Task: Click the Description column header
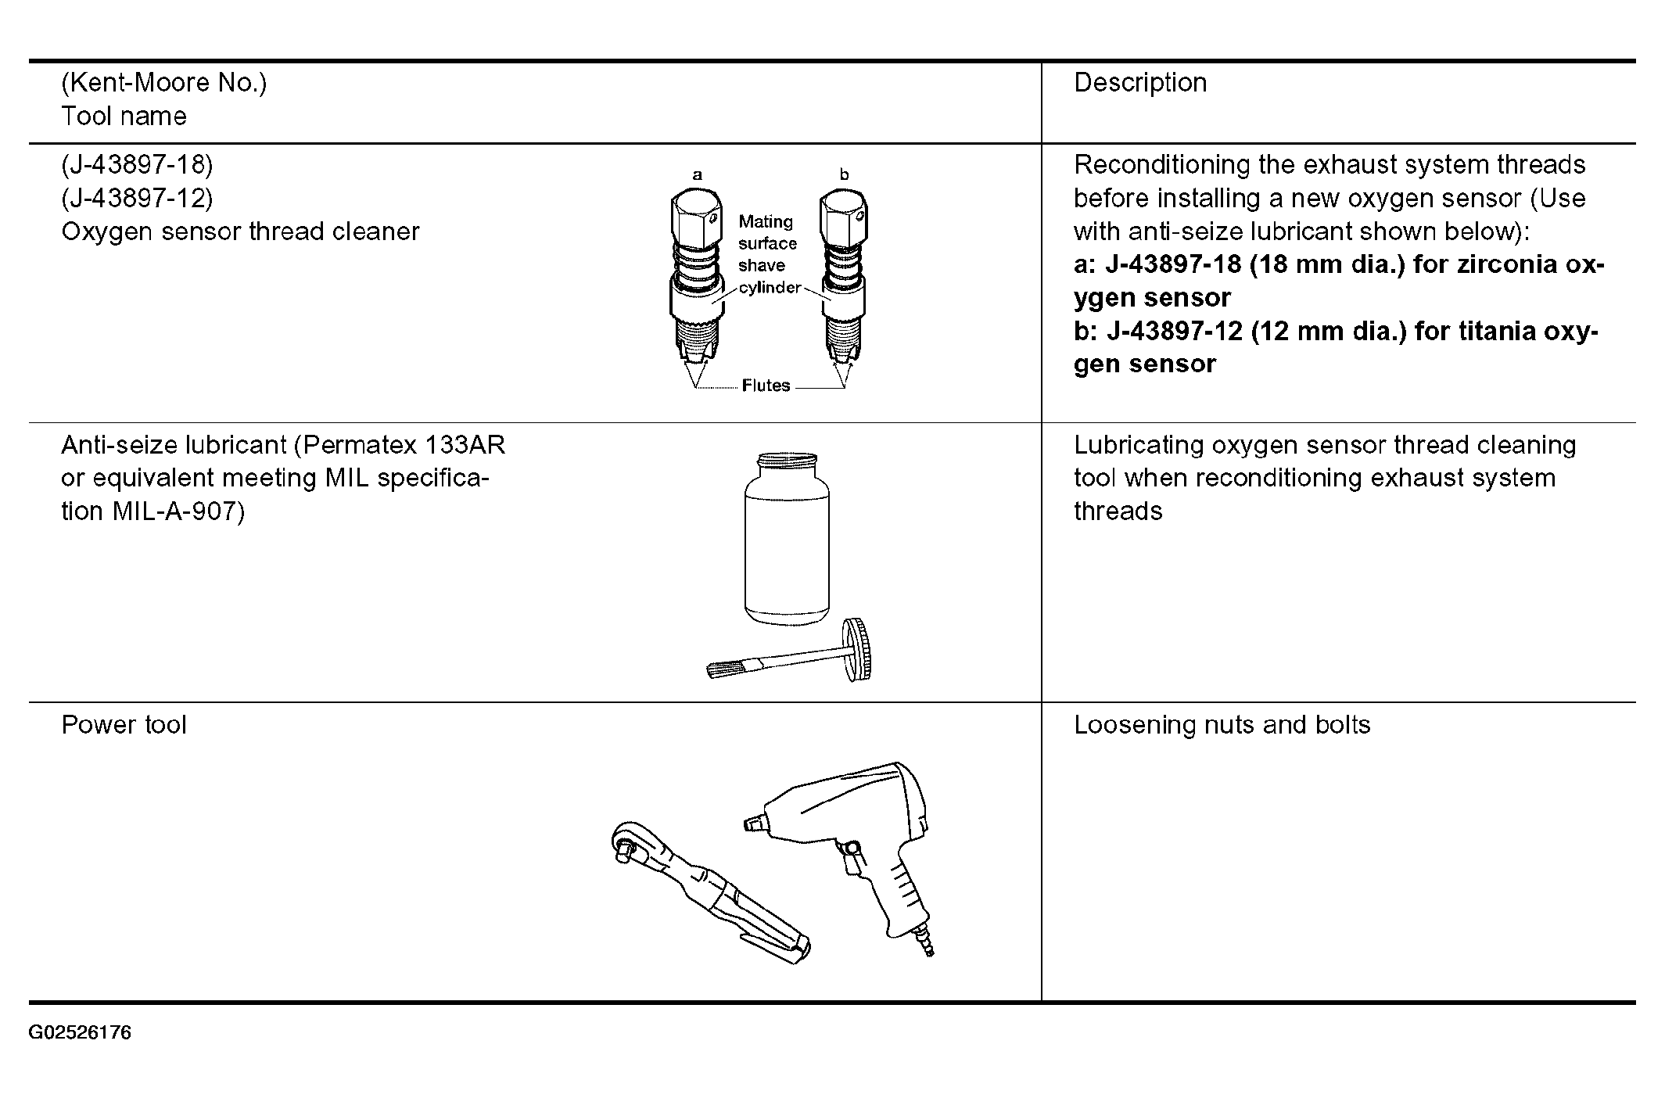coord(1139,83)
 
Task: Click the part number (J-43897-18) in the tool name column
coord(137,164)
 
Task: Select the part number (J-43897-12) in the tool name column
coord(137,198)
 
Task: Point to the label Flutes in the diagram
coord(766,386)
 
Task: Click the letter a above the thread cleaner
coord(697,175)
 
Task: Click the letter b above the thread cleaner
coord(844,175)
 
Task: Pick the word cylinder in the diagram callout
coord(770,288)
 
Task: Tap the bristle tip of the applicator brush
coord(722,669)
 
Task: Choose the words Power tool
coord(124,725)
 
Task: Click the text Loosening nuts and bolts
coord(1222,725)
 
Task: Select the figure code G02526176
coord(80,1033)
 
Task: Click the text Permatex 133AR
coord(404,445)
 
